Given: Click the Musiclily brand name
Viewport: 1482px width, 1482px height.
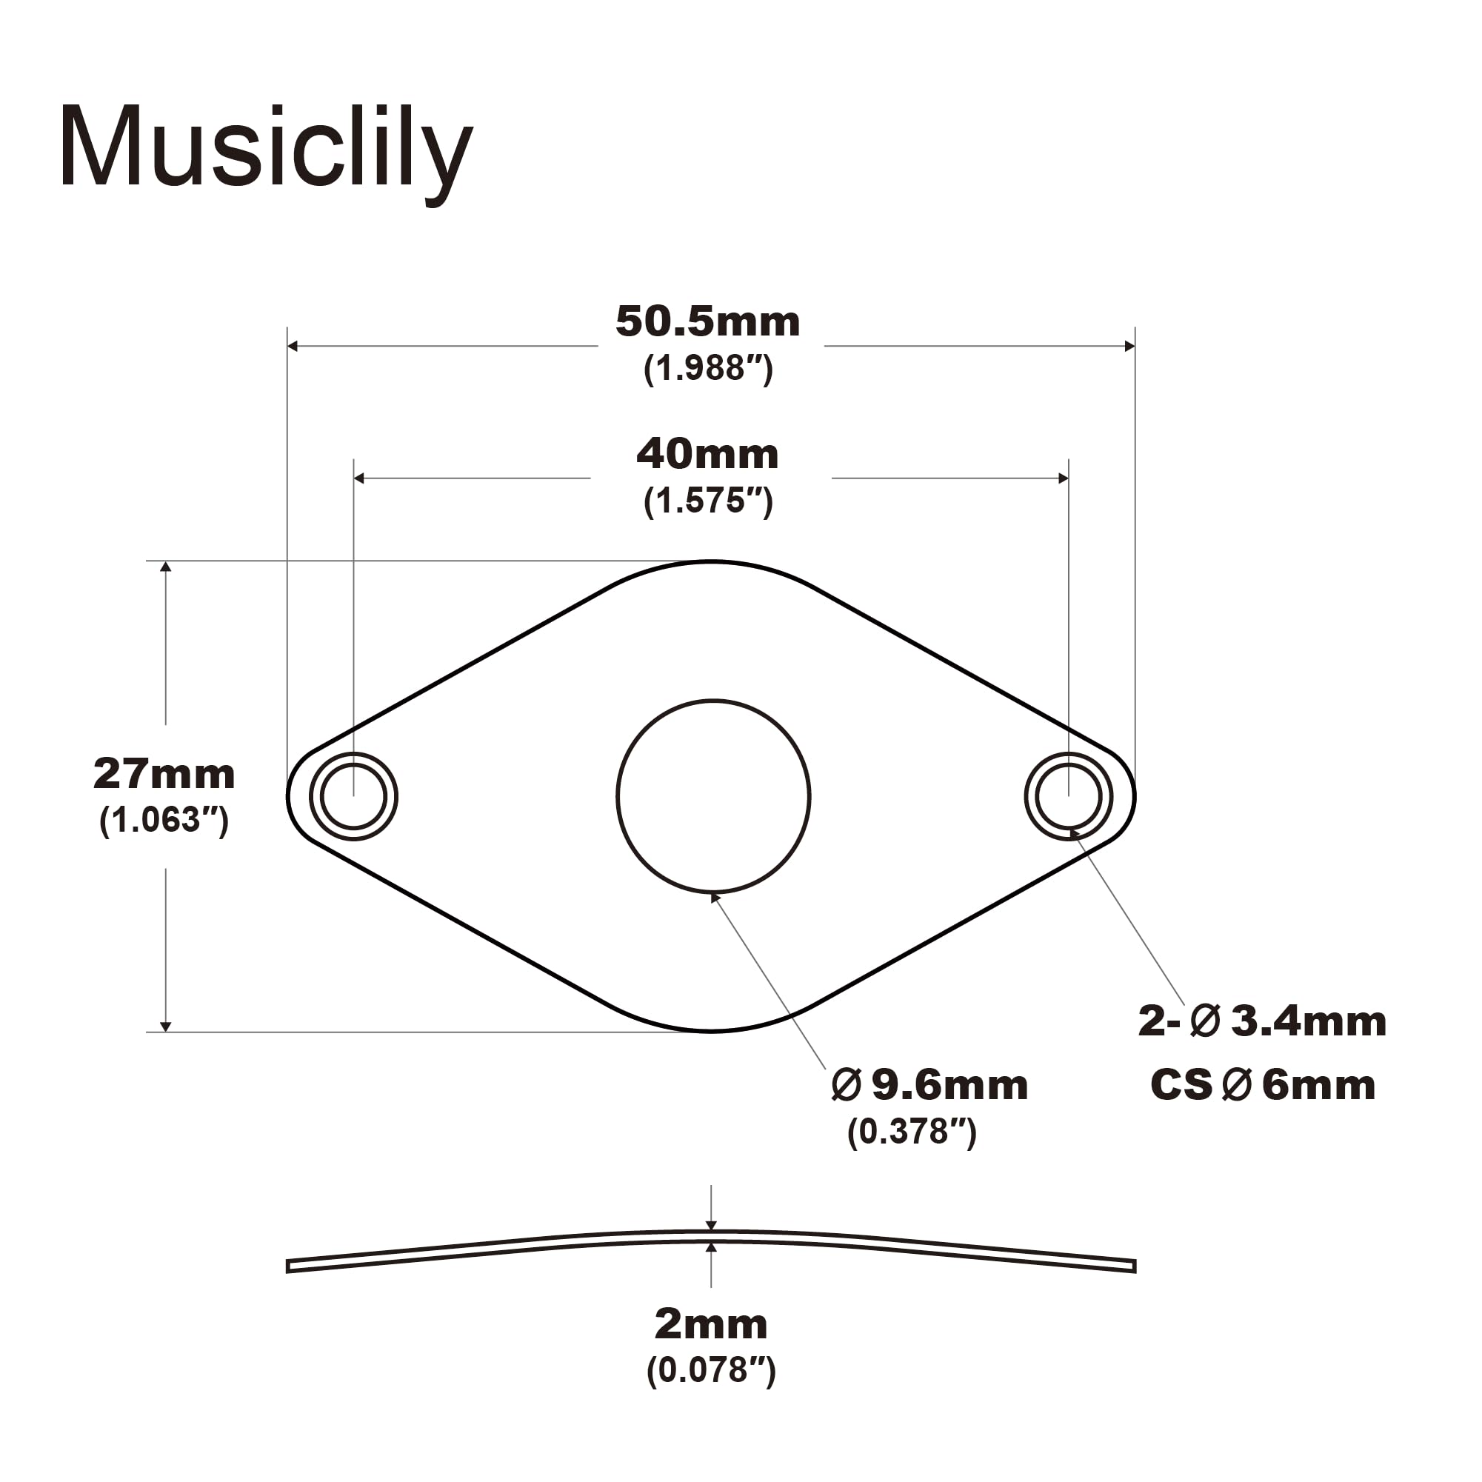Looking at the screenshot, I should tap(265, 147).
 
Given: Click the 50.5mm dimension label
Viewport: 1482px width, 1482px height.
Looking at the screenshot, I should tap(707, 322).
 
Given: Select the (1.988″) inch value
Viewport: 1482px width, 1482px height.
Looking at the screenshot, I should tap(707, 369).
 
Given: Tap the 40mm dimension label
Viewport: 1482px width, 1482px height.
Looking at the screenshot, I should tap(707, 454).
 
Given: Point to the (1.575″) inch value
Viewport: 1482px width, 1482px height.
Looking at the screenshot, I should tap(707, 501).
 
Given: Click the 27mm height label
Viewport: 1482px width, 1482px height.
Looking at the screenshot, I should tap(164, 773).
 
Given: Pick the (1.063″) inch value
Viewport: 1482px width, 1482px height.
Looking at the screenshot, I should tap(164, 820).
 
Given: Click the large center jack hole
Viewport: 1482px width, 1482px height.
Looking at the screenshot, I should tap(712, 796).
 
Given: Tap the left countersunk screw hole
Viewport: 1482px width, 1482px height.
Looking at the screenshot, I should tap(353, 796).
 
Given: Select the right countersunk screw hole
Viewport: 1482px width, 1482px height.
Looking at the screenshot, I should tap(1069, 796).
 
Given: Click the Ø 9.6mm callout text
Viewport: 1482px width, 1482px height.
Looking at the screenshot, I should tap(929, 1086).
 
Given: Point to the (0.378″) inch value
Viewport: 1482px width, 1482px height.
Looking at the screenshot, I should tap(911, 1132).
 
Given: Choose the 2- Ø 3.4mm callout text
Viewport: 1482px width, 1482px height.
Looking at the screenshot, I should tap(1262, 1022).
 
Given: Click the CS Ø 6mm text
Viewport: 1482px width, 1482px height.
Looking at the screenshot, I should tap(1262, 1086).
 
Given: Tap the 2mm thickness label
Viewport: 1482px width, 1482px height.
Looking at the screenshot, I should tap(710, 1325).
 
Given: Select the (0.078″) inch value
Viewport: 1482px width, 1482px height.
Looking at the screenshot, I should tap(710, 1371).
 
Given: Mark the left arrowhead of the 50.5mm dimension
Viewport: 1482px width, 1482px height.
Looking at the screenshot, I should tap(293, 346).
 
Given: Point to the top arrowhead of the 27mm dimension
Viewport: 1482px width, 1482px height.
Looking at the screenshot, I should tap(166, 567).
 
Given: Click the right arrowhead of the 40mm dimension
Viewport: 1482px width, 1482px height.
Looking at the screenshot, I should tap(1064, 478).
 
